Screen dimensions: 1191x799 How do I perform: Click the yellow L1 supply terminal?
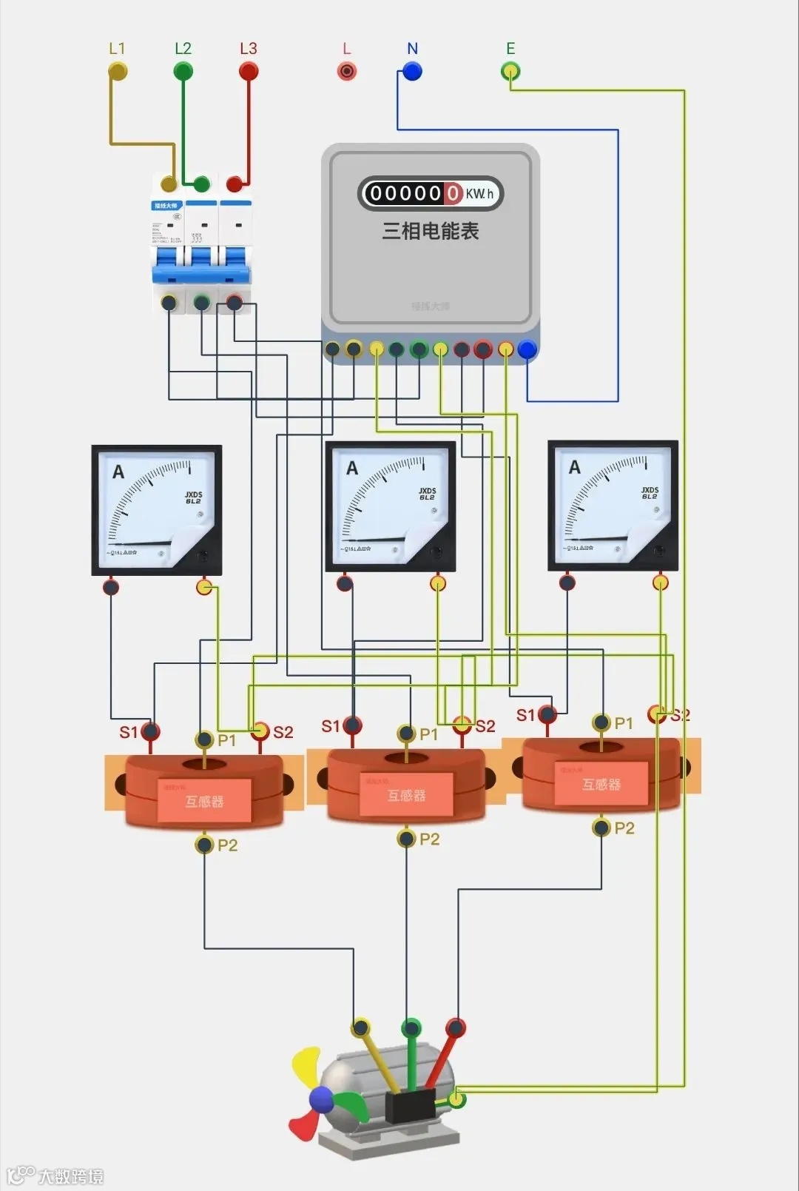pos(118,71)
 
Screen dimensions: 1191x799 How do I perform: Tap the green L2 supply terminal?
pos(183,71)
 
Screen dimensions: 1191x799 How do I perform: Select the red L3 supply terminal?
pos(249,71)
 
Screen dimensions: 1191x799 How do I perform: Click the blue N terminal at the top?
pos(412,71)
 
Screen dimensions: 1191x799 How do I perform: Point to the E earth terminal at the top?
pos(510,71)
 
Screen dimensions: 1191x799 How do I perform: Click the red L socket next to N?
pos(346,71)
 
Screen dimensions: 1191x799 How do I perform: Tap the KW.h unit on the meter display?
pos(479,194)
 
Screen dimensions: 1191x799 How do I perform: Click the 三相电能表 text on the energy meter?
pos(430,231)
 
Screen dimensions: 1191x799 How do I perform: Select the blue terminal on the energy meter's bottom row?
pos(527,349)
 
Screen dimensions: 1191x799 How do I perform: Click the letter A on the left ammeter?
pos(118,472)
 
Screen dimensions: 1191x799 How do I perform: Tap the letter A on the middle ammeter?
pos(352,468)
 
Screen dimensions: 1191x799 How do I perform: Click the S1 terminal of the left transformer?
pos(150,732)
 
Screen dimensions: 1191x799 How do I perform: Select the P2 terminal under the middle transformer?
pos(406,839)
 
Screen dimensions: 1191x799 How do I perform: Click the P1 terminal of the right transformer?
pos(601,723)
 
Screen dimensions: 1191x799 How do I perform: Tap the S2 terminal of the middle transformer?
pos(462,725)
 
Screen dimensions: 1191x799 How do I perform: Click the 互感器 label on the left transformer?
pos(204,801)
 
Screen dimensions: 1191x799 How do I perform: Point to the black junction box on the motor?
pos(409,1106)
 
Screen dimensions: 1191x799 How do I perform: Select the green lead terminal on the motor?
pos(411,1027)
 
